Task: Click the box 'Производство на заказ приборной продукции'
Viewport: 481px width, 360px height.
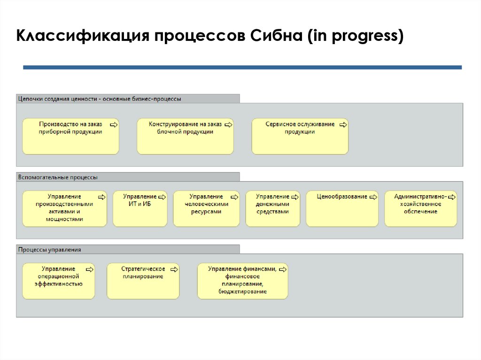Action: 70,137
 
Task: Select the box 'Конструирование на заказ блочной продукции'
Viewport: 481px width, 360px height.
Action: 185,137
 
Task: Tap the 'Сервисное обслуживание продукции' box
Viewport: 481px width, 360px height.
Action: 300,137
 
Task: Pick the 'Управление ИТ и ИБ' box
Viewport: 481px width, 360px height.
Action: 140,209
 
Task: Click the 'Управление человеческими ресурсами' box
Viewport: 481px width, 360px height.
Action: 206,209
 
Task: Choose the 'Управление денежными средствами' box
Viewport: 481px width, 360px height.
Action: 272,209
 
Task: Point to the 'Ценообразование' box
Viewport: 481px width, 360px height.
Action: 342,209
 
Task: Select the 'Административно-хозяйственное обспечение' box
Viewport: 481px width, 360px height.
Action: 420,209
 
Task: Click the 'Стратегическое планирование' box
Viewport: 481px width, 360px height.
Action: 143,281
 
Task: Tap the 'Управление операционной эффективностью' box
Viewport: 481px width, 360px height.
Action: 58,281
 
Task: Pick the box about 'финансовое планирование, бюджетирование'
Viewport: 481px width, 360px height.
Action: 242,281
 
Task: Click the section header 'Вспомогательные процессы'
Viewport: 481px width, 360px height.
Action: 58,177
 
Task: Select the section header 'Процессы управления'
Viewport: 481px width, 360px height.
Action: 49,250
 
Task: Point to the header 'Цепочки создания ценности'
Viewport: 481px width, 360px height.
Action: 99,99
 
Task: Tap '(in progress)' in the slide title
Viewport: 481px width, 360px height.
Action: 355,36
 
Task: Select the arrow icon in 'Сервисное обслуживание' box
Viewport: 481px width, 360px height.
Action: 343,124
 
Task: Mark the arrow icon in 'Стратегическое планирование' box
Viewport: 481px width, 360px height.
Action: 174,269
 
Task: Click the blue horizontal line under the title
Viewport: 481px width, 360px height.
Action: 242,68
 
